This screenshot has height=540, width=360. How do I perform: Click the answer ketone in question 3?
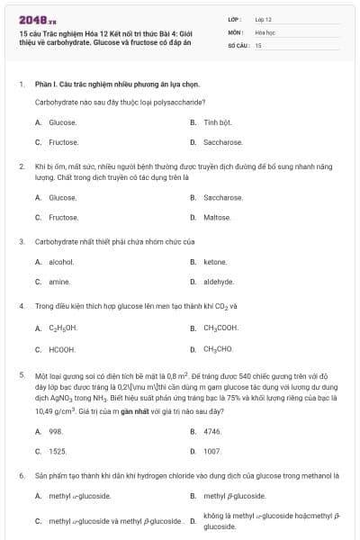point(215,262)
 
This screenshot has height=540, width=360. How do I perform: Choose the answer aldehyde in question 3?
point(219,282)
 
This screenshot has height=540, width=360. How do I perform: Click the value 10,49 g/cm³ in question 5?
point(53,410)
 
